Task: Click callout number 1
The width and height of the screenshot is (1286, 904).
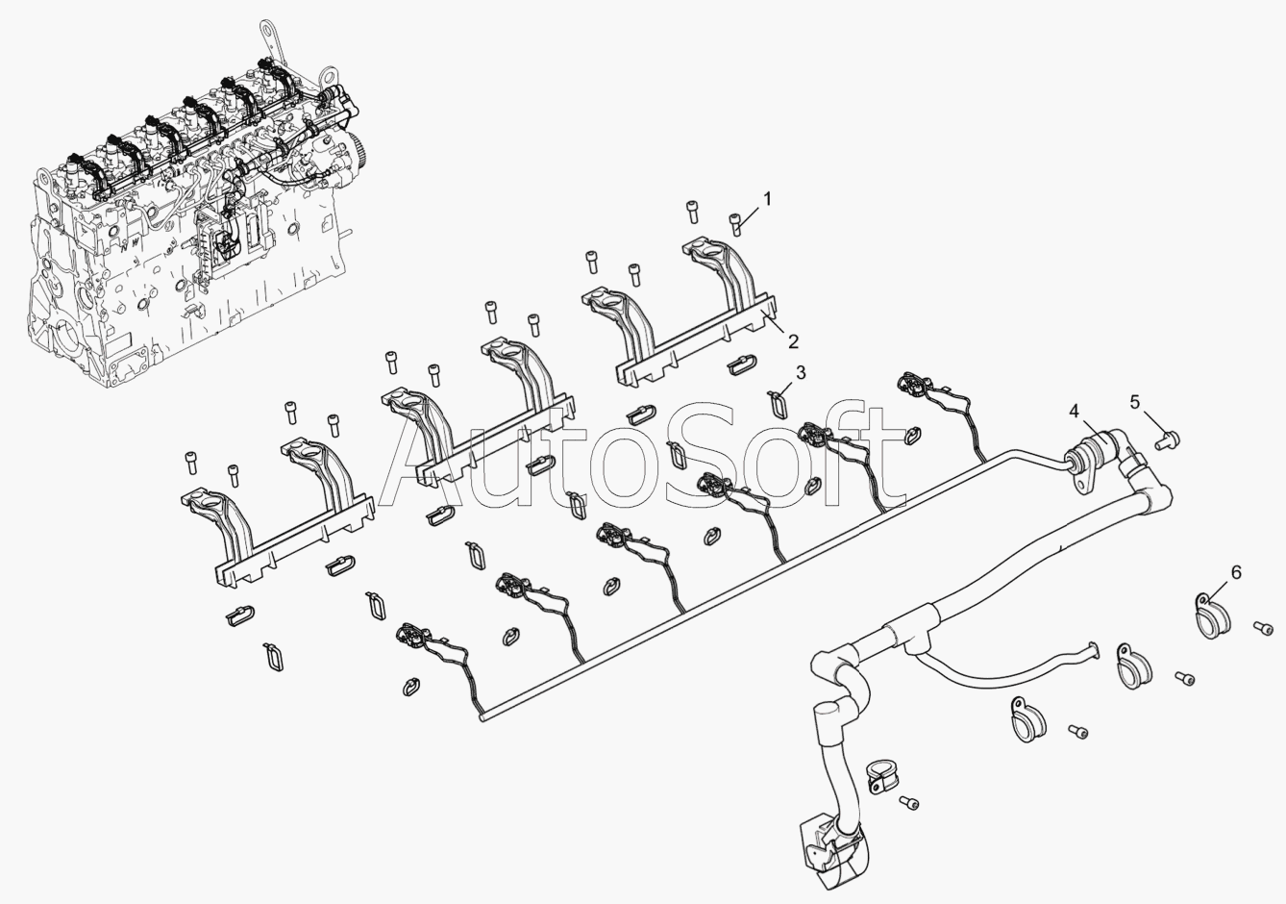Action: (767, 198)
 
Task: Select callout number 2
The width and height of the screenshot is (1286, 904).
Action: (793, 340)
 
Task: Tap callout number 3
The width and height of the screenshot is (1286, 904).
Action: (800, 372)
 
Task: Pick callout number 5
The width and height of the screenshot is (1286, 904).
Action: (1135, 402)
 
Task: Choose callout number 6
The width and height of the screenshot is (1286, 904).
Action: (1236, 572)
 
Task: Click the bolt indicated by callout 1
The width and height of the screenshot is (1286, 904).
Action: (737, 224)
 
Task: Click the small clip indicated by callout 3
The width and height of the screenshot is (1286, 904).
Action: (779, 396)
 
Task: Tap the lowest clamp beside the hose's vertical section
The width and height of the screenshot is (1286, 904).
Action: (878, 778)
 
